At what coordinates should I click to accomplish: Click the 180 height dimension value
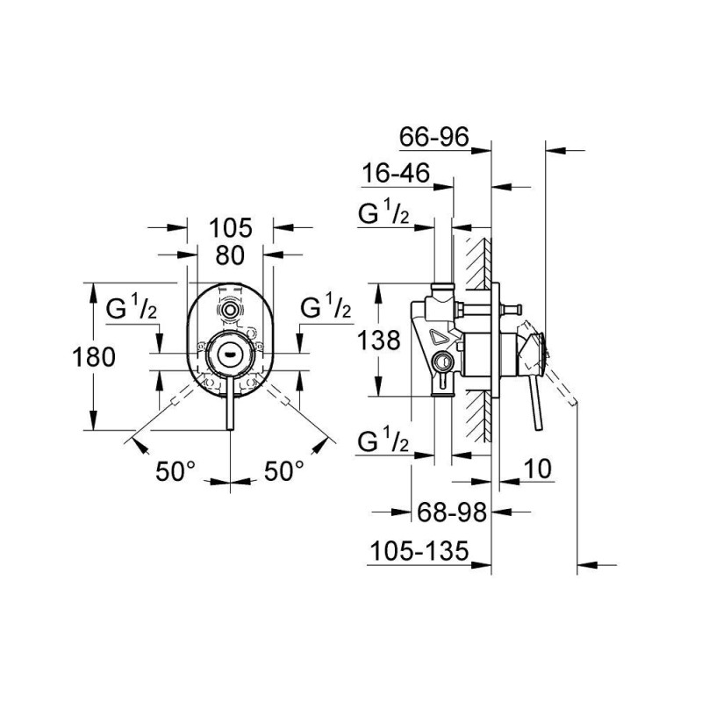tap(94, 358)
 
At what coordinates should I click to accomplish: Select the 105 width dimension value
tap(231, 228)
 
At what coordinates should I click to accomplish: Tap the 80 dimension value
tap(230, 255)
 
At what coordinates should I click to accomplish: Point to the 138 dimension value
tap(379, 340)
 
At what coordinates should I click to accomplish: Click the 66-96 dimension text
tap(433, 137)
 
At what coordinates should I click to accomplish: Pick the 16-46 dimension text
tap(396, 173)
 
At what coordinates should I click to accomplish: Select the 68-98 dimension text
tap(452, 512)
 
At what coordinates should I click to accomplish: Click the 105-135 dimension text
tap(419, 551)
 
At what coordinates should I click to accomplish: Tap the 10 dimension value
tap(537, 469)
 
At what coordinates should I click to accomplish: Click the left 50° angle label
tap(175, 471)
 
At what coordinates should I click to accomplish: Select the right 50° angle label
tap(283, 471)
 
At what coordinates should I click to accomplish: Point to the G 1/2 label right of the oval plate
tap(326, 305)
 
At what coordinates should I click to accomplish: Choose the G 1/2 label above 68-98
tap(383, 441)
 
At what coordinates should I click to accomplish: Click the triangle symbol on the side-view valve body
tap(439, 336)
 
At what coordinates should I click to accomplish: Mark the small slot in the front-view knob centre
tap(230, 354)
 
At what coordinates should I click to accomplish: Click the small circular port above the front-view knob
tap(230, 310)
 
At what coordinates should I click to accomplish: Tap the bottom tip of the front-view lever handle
tap(230, 430)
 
